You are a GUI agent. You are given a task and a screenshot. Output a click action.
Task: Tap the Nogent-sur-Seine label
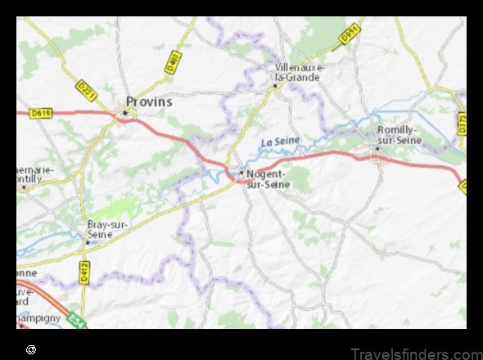coord(265,178)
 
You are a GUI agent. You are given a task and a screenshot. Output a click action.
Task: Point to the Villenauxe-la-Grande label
coord(300,72)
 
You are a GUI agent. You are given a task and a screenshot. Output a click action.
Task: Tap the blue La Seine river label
coord(280,142)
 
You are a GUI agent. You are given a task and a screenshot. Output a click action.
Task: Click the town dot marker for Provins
coord(125,112)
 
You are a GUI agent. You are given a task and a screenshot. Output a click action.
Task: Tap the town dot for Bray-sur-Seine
coord(86,242)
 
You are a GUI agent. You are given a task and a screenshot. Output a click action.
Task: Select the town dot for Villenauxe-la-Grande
coord(274,85)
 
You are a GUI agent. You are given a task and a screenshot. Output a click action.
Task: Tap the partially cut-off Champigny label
coord(37,315)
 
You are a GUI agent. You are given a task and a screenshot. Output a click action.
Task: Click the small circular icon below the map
coord(31,349)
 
